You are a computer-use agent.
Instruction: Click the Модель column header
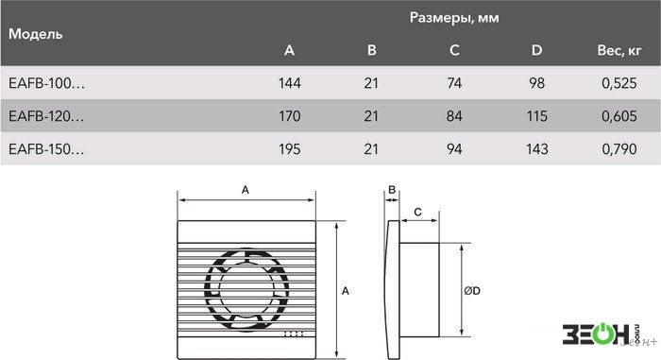tap(36, 34)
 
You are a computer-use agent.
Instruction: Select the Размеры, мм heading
tap(454, 18)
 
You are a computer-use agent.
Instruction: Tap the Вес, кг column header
tap(619, 50)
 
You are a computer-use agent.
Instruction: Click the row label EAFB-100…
tap(46, 83)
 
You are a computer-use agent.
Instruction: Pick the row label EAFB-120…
tap(46, 116)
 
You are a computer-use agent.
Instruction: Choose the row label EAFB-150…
tap(46, 149)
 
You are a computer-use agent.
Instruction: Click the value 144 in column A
tap(290, 83)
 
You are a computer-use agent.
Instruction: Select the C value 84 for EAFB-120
tap(454, 116)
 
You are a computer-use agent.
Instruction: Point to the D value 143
tap(536, 149)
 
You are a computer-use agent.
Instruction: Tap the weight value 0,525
tap(619, 83)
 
